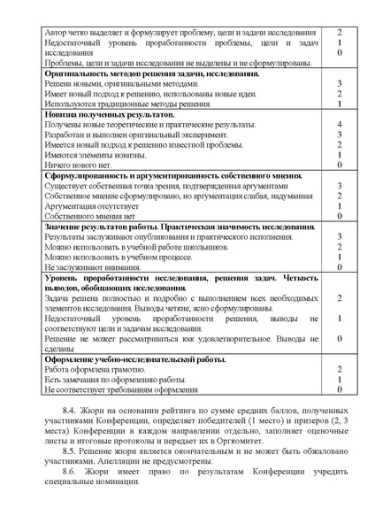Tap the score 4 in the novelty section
click(340, 126)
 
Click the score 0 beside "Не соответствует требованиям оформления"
click(340, 389)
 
